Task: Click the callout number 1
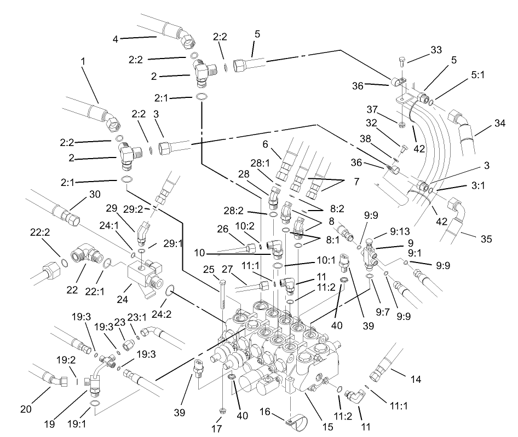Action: (83, 62)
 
